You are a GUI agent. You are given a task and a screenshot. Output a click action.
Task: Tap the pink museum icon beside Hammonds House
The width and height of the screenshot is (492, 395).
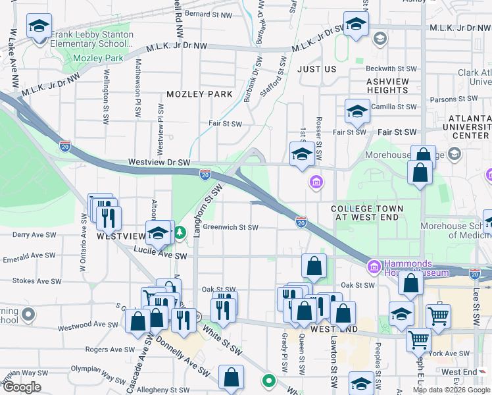[x=374, y=267]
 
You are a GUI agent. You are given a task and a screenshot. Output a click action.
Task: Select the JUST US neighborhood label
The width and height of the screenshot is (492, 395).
[x=316, y=69]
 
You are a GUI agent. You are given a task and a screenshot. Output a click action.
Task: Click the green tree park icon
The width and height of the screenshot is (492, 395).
[x=180, y=232]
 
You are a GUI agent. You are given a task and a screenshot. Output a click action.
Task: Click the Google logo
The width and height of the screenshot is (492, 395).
[x=22, y=387]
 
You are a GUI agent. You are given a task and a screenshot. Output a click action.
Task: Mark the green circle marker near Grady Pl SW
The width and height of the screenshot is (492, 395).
[x=268, y=380]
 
